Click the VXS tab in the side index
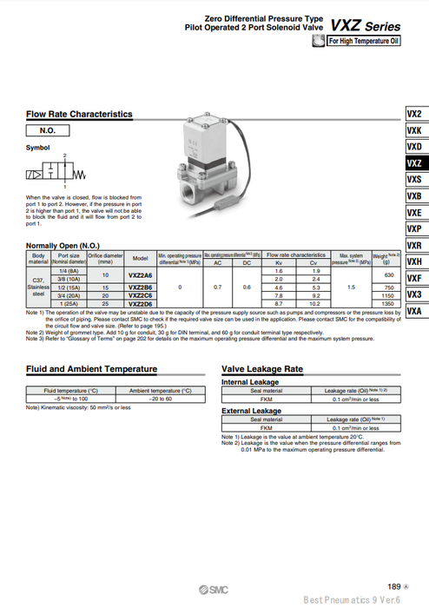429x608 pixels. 414,180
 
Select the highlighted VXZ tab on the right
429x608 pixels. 414,163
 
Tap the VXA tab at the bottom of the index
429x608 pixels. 414,311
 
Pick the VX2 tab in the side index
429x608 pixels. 414,114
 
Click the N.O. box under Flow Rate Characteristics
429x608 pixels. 49,130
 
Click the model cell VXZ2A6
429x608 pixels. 140,275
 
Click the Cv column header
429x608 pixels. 315,262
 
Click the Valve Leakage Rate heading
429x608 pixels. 262,368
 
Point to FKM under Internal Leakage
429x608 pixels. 267,400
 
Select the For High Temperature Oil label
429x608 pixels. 364,40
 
